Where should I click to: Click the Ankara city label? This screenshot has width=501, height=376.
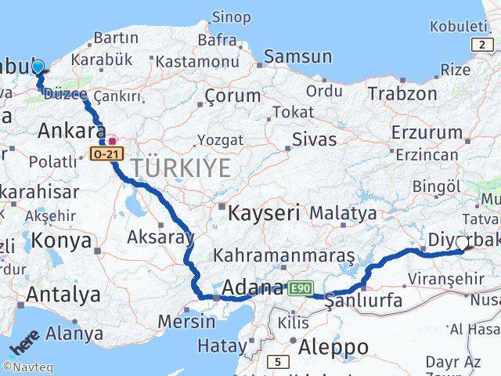[x=71, y=130]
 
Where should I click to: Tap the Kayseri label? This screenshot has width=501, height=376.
[x=265, y=211]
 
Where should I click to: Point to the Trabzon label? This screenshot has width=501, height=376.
[x=404, y=93]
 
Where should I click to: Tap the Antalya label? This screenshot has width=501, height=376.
[x=63, y=295]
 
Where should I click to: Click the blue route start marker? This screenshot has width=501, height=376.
[x=37, y=67]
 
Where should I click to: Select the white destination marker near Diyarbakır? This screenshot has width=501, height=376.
[x=461, y=244]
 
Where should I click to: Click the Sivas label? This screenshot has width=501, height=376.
[x=314, y=141]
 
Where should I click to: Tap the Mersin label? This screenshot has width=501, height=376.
[x=186, y=321]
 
